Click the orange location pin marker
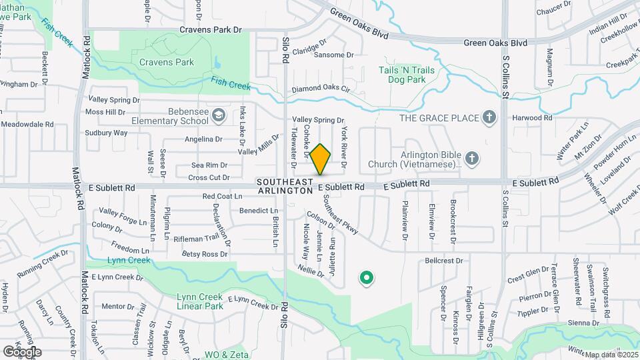coord(320,159)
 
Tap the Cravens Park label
coord(167,62)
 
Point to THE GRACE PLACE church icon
coord(489,118)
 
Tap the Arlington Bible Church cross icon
coord(472,159)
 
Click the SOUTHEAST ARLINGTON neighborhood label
coord(285,186)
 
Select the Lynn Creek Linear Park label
coord(200,301)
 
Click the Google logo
coord(22,351)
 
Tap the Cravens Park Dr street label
coord(210,30)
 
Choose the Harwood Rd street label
coord(533,117)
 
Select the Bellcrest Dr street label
coord(443,261)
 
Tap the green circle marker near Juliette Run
coord(365,278)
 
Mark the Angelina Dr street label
coord(203,139)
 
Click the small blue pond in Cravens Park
coord(218,64)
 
